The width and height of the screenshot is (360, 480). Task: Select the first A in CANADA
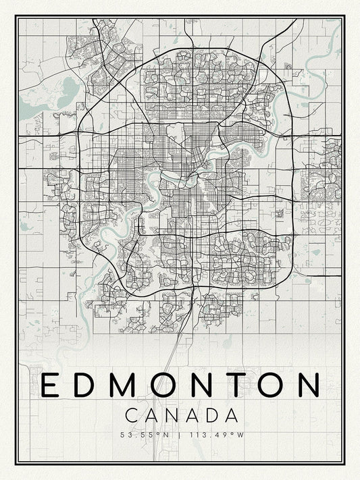click(150, 414)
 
